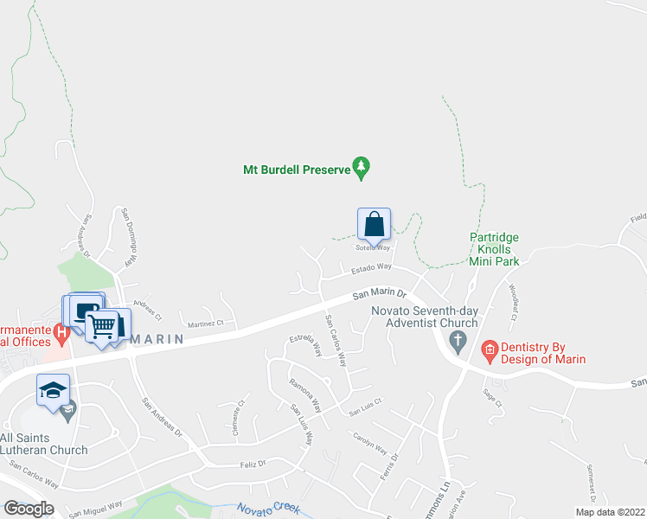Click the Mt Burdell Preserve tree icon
pyautogui.click(x=362, y=168)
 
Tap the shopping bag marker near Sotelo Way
pyautogui.click(x=374, y=224)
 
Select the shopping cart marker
pyautogui.click(x=102, y=326)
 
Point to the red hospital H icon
pyautogui.click(x=61, y=331)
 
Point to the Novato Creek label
pyautogui.click(x=273, y=509)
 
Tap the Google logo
pyautogui.click(x=29, y=508)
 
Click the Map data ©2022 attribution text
pyautogui.click(x=611, y=512)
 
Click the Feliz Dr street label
pyautogui.click(x=252, y=465)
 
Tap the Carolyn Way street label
pyautogui.click(x=369, y=442)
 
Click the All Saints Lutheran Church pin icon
pyautogui.click(x=67, y=408)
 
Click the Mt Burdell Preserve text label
pyautogui.click(x=295, y=169)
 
